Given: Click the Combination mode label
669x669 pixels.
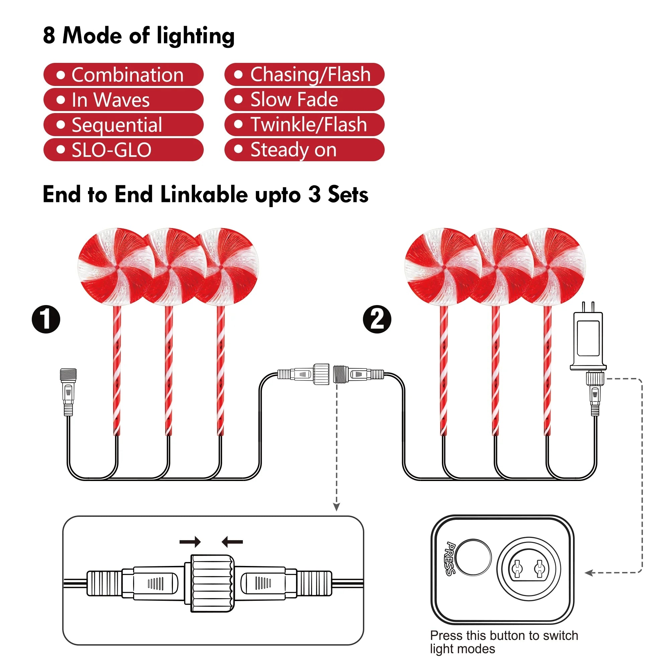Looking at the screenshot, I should coord(123,75).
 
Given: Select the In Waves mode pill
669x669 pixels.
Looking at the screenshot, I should coord(123,100).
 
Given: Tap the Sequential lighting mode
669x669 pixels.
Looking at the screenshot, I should coord(123,125).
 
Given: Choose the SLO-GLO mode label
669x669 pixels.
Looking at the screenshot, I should coord(123,150).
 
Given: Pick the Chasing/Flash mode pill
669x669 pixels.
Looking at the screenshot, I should coord(304,75).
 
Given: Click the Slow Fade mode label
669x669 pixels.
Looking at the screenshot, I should coord(304,100).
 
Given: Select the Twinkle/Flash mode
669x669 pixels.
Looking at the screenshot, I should coord(304,125).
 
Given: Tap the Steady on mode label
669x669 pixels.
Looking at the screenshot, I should coord(304,150).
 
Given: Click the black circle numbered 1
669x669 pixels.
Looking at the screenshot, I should coord(46,319).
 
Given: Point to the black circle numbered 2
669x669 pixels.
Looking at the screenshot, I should coord(377,319).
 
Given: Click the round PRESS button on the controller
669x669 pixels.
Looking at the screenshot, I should coord(473,557).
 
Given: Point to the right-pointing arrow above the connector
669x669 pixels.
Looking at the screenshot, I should coord(190,542).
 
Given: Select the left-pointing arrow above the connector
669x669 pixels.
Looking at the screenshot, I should coord(232,542).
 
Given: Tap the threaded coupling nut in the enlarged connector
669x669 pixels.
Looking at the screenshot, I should coord(212,583).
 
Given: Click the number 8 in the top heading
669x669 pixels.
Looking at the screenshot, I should coord(49,36).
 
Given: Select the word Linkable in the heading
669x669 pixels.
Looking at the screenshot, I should coord(204,195).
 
